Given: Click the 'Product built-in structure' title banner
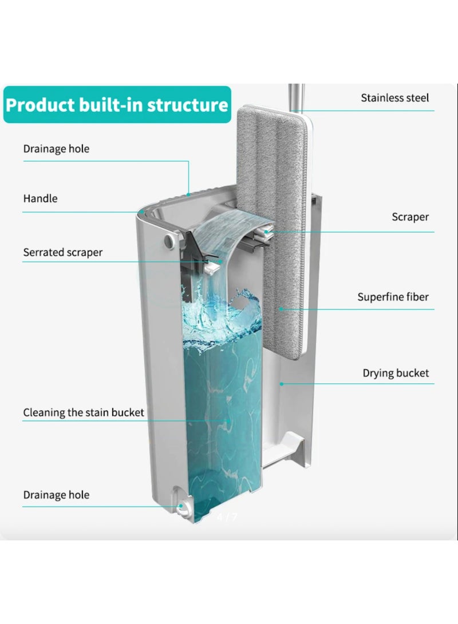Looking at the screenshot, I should pos(117,105).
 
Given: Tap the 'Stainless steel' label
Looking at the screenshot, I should pos(394,98).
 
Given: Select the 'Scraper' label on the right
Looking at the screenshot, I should pos(410,217).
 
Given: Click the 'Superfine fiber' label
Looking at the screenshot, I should pos(393,297).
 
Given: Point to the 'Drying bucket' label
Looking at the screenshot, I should pos(396,373).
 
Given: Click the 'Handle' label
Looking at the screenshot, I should pos(40,199).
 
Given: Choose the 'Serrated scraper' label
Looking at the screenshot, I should pos(63,252).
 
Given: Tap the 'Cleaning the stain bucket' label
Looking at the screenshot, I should pos(84,412).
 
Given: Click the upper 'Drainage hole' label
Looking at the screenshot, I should pos(56,149).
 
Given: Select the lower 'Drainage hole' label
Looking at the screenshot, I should pos(56,495).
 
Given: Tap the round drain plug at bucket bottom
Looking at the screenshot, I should pos(184,506).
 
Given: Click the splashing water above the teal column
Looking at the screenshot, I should pos(223,315).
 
